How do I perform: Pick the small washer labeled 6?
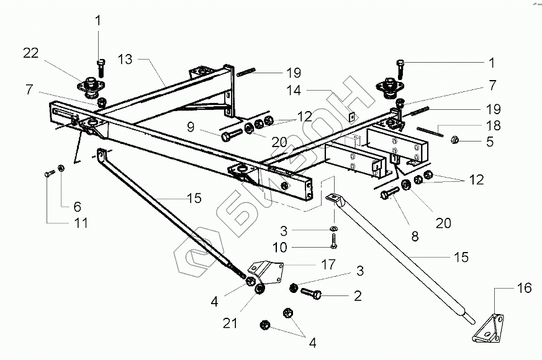coord(61,168)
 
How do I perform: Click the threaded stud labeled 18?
coord(428,132)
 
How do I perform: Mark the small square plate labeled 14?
coord(351,115)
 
